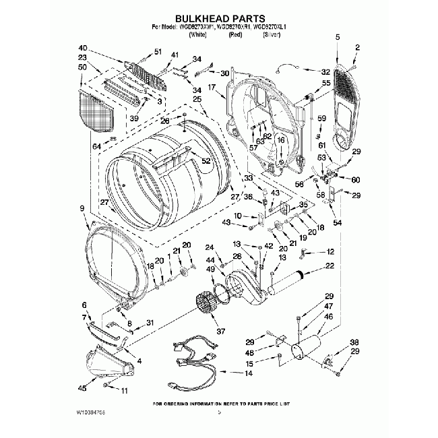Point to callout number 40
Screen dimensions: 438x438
point(83,49)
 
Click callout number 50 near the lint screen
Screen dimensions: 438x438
point(83,67)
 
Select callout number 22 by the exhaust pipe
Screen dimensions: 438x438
point(330,266)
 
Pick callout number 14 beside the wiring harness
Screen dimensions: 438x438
point(249,373)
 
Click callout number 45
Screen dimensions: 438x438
point(82,388)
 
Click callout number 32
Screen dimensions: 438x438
point(325,71)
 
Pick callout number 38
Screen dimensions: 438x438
point(354,342)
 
